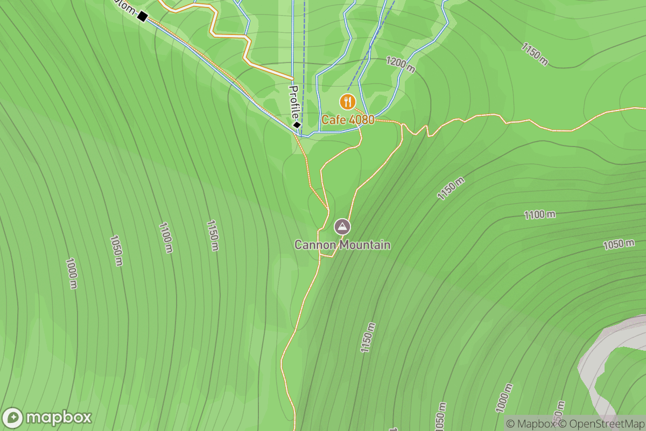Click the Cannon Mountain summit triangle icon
click(342, 227)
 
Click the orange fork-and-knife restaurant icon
click(348, 101)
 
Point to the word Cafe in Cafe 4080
click(333, 120)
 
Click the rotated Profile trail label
click(294, 102)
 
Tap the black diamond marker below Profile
click(297, 125)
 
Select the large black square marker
click(142, 17)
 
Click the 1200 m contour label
click(401, 65)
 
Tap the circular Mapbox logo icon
click(13, 418)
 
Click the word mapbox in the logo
click(59, 418)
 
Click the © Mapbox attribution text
click(531, 423)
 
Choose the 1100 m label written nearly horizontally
click(540, 215)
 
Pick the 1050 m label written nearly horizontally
click(619, 244)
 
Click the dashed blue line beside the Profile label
click(302, 65)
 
